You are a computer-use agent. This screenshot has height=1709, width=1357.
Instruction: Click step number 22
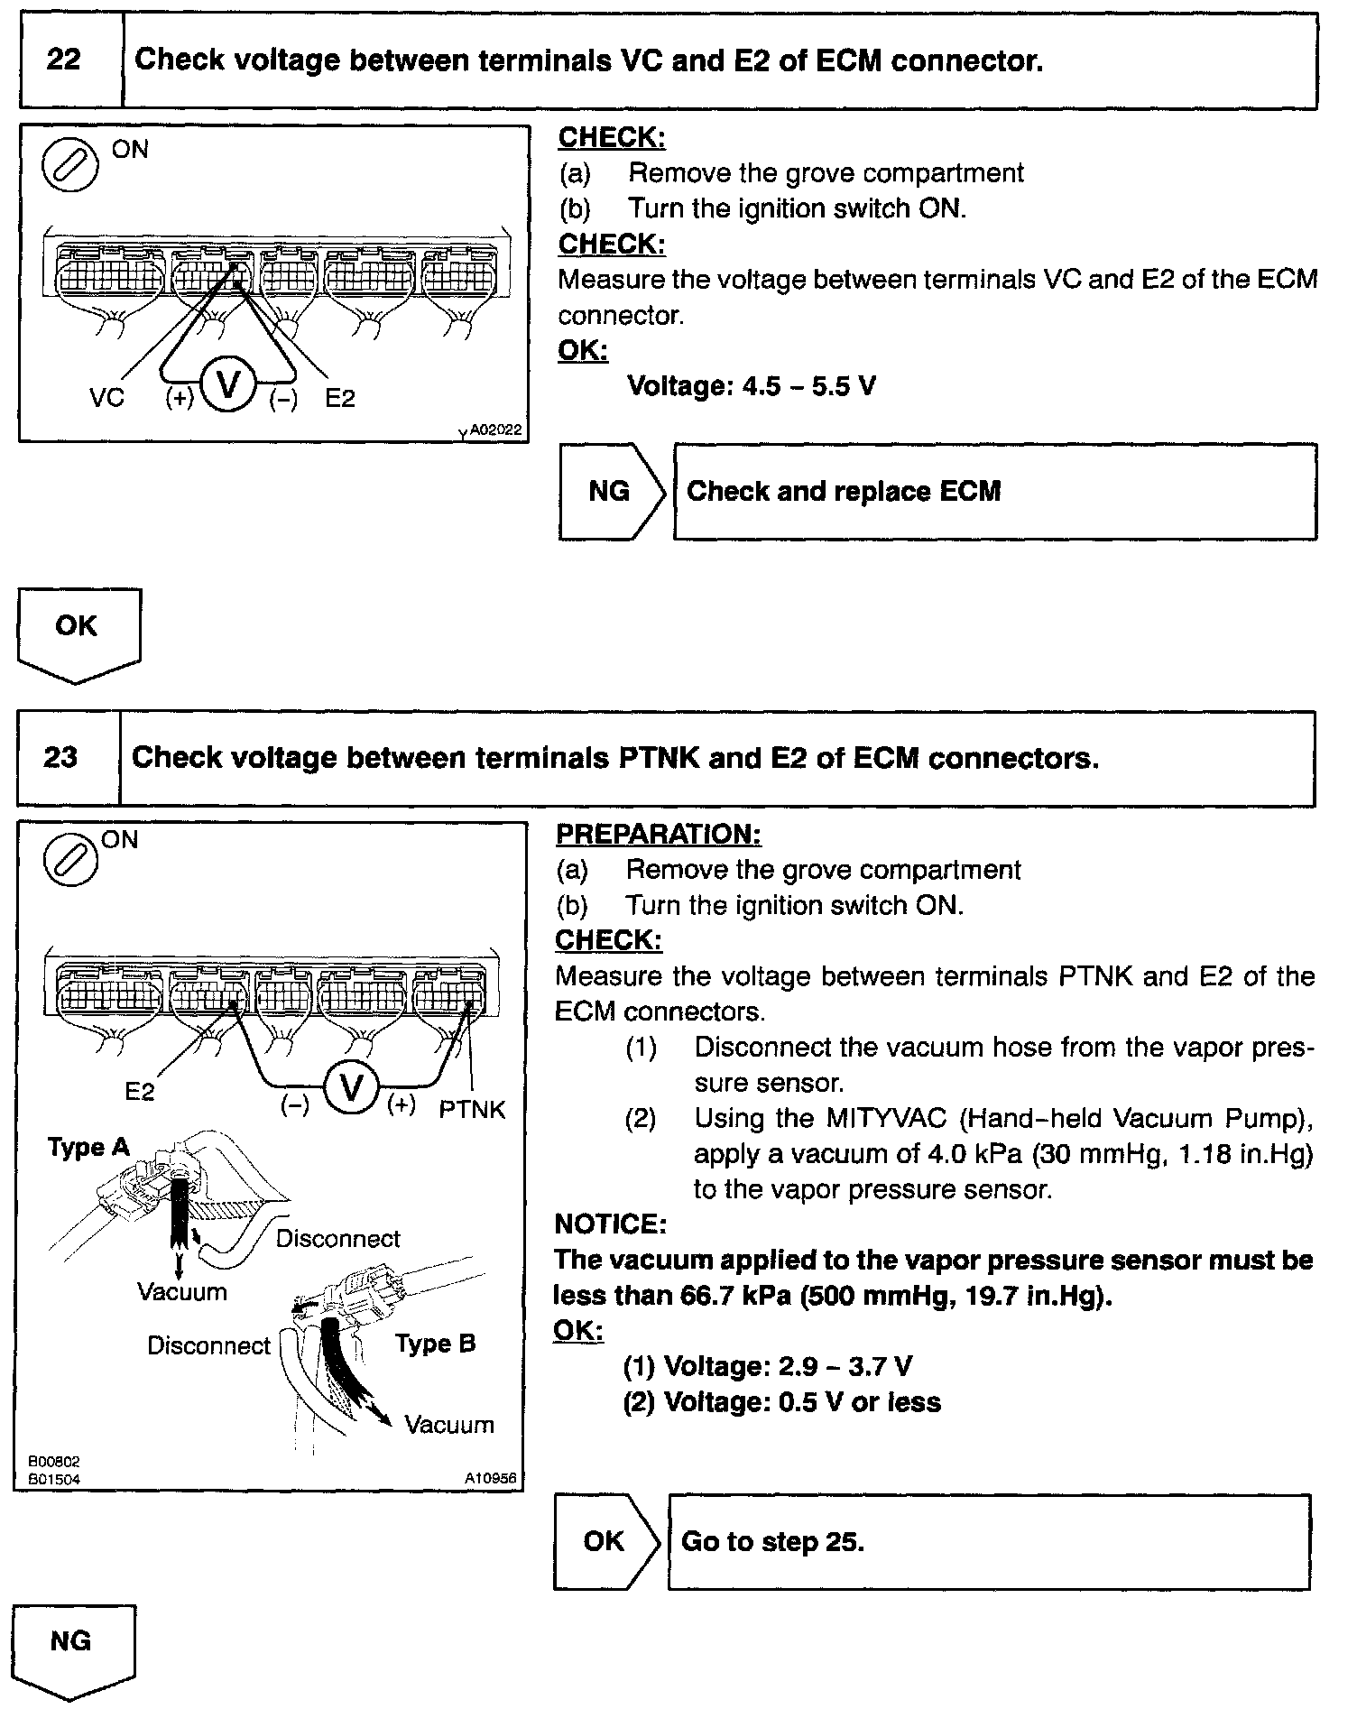(63, 60)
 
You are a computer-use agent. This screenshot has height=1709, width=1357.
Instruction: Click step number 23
(60, 757)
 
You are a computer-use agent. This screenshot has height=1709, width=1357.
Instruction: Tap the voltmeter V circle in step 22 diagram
(228, 385)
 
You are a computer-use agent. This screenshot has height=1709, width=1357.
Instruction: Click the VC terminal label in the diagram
(106, 398)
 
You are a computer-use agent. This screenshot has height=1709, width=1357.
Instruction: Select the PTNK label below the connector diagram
(472, 1109)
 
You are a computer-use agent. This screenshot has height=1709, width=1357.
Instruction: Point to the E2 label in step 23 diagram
(140, 1092)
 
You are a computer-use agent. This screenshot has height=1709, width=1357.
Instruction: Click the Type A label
(88, 1148)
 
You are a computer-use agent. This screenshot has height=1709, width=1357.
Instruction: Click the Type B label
(435, 1344)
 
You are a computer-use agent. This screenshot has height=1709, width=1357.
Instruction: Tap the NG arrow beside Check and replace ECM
(610, 492)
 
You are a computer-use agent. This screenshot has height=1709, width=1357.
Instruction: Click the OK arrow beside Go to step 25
(605, 1541)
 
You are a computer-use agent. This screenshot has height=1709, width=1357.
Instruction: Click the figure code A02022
(495, 431)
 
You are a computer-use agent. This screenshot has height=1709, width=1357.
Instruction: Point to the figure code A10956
(491, 1478)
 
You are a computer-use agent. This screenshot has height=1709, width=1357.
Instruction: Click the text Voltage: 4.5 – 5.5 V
(751, 387)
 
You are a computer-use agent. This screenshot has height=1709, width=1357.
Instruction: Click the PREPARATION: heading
(658, 835)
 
